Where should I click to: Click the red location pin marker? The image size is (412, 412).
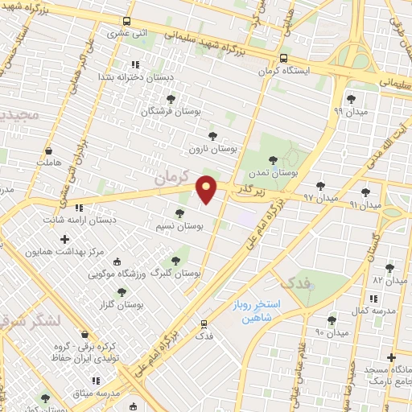click(x=207, y=188)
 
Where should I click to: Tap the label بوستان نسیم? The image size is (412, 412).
click(x=179, y=227)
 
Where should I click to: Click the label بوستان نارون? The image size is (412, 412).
click(x=212, y=149)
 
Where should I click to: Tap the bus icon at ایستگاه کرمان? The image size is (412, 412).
click(x=282, y=59)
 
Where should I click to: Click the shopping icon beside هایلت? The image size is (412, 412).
click(x=49, y=150)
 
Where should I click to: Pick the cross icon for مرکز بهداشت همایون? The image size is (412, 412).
click(x=65, y=239)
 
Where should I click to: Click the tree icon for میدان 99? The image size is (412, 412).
click(x=350, y=100)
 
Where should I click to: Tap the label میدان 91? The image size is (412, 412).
click(x=365, y=205)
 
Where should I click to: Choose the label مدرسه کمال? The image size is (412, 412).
click(x=370, y=310)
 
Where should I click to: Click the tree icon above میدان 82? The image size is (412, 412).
click(x=389, y=268)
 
